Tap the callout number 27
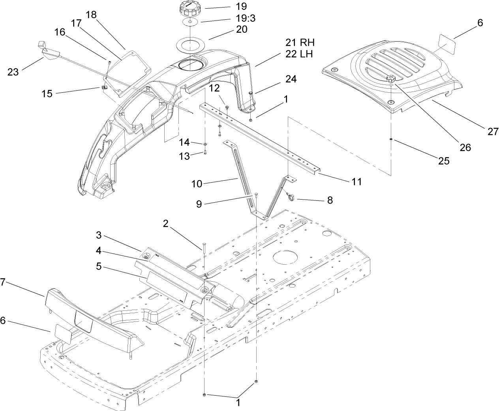tap(493, 131)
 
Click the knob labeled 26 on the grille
tap(391, 80)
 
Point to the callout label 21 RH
tap(300, 43)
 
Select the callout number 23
tap(13, 72)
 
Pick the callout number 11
tap(356, 182)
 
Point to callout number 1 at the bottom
tap(238, 403)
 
